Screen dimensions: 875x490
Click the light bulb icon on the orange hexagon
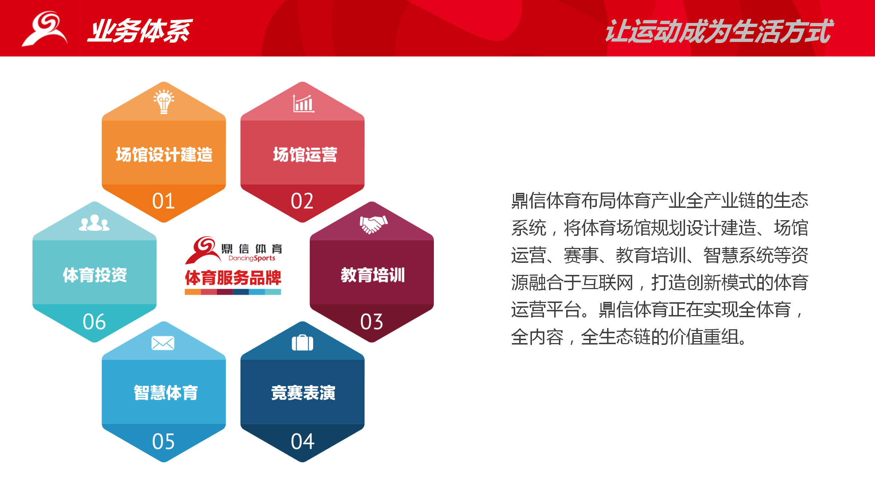tap(164, 102)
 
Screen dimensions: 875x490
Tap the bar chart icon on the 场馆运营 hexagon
tap(303, 104)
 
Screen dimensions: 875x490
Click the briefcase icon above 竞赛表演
tap(302, 342)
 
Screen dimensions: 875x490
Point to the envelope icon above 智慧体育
tap(163, 343)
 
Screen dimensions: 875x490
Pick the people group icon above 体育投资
tap(94, 223)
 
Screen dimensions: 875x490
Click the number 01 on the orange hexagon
tap(163, 201)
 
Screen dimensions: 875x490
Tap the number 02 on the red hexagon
tap(302, 201)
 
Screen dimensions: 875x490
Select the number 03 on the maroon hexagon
tap(372, 322)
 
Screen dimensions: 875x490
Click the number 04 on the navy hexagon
tap(303, 442)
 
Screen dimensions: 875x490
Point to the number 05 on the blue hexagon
tap(163, 442)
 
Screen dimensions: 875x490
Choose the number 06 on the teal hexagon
tap(94, 322)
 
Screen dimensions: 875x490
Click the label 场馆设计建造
tap(164, 155)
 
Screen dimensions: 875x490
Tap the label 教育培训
tap(373, 275)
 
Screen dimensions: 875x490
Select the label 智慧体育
tap(166, 393)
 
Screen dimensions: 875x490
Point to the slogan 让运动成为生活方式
tap(719, 31)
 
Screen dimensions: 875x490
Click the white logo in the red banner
tap(45, 28)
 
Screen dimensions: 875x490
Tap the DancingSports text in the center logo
tap(252, 258)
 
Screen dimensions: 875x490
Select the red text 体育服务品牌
tap(233, 278)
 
